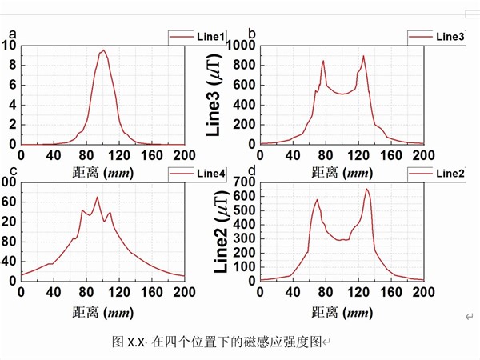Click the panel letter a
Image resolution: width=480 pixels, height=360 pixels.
tap(13, 34)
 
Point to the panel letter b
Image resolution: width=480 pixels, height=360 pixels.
tap(252, 34)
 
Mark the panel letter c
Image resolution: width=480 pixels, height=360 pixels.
tap(13, 170)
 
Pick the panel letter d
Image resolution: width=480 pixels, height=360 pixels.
tap(252, 170)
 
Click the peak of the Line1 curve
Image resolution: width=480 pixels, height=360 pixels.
tap(103, 50)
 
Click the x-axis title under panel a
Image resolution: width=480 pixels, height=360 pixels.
tap(102, 170)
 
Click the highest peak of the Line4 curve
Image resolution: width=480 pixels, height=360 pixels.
tap(98, 197)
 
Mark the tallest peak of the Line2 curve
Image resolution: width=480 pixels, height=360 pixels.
tap(367, 189)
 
